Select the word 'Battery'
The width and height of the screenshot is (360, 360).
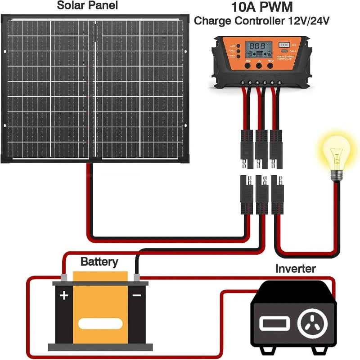tap(99, 262)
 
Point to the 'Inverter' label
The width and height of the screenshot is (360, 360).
tap(295, 269)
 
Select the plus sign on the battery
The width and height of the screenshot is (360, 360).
tap(64, 296)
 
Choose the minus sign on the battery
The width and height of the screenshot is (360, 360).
tap(136, 296)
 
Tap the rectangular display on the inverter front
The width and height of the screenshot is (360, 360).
tap(270, 323)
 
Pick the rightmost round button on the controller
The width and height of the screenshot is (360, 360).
tap(270, 66)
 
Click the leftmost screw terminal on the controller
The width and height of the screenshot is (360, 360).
tap(244, 83)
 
